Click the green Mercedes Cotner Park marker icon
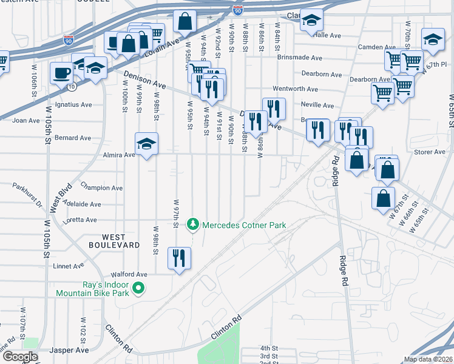pos(193,225)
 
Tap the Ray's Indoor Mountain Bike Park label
pos(90,288)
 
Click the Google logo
pos(21,357)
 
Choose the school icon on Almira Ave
pos(146,144)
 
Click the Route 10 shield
pos(72,87)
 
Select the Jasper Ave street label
pos(70,350)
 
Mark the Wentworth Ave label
pos(295,89)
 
